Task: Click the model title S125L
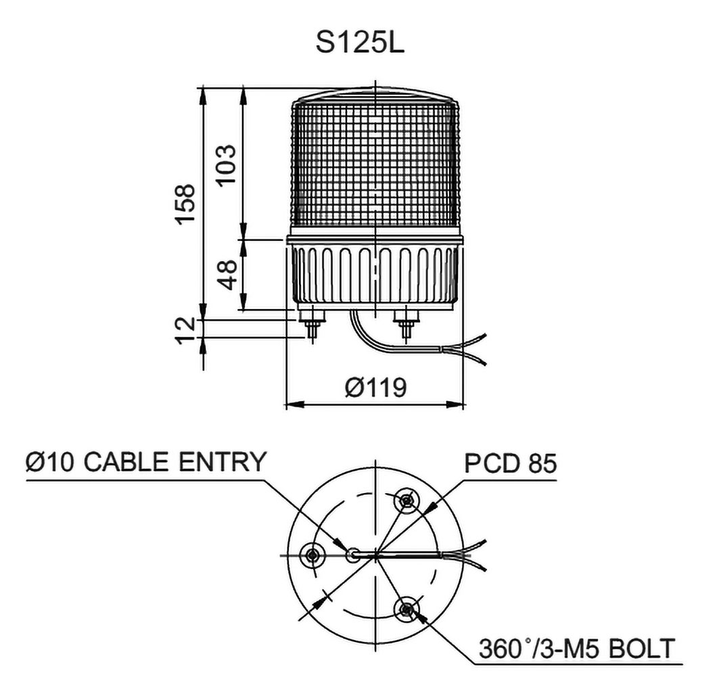pyautogui.click(x=360, y=43)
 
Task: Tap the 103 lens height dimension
pyautogui.click(x=227, y=164)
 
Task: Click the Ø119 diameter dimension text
pyautogui.click(x=375, y=388)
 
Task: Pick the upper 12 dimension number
pyautogui.click(x=186, y=324)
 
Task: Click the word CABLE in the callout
pyautogui.click(x=125, y=461)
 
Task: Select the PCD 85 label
pyautogui.click(x=511, y=463)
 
